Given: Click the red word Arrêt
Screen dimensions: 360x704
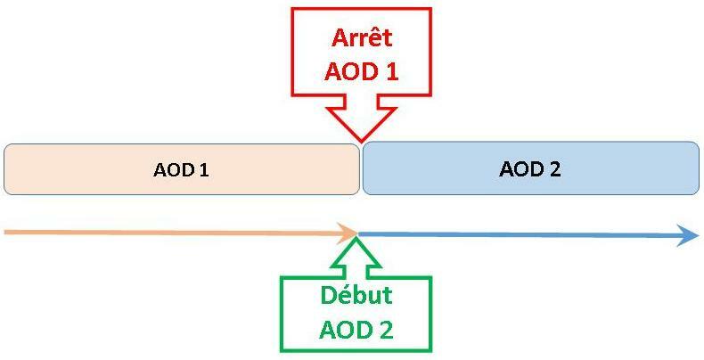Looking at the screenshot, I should point(362,38).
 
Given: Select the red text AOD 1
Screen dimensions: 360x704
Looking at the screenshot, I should point(362,71).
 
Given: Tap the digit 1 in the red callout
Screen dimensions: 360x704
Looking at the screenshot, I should point(389,71).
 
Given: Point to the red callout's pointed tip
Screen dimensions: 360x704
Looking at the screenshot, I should point(361,139).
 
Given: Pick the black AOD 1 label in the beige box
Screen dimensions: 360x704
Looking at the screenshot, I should point(181,169).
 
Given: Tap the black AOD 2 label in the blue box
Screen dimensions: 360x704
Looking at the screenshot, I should point(530,168).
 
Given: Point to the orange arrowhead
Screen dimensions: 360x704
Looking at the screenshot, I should point(348,234).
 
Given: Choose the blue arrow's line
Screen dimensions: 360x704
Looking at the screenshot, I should point(517,235).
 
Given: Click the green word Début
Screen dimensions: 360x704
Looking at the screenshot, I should point(356,296).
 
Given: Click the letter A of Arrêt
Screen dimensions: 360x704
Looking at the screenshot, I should point(340,38).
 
